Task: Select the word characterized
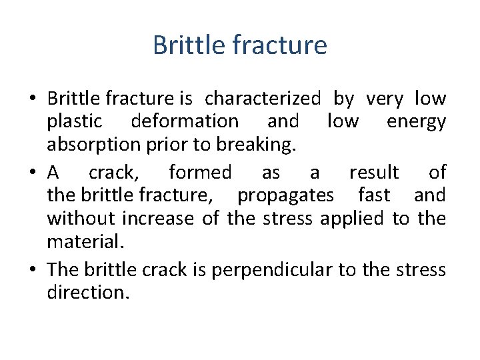click(263, 99)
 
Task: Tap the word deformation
click(185, 121)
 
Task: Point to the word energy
click(416, 121)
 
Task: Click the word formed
click(200, 172)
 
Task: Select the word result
click(374, 172)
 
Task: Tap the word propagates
click(286, 195)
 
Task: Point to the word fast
click(374, 195)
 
